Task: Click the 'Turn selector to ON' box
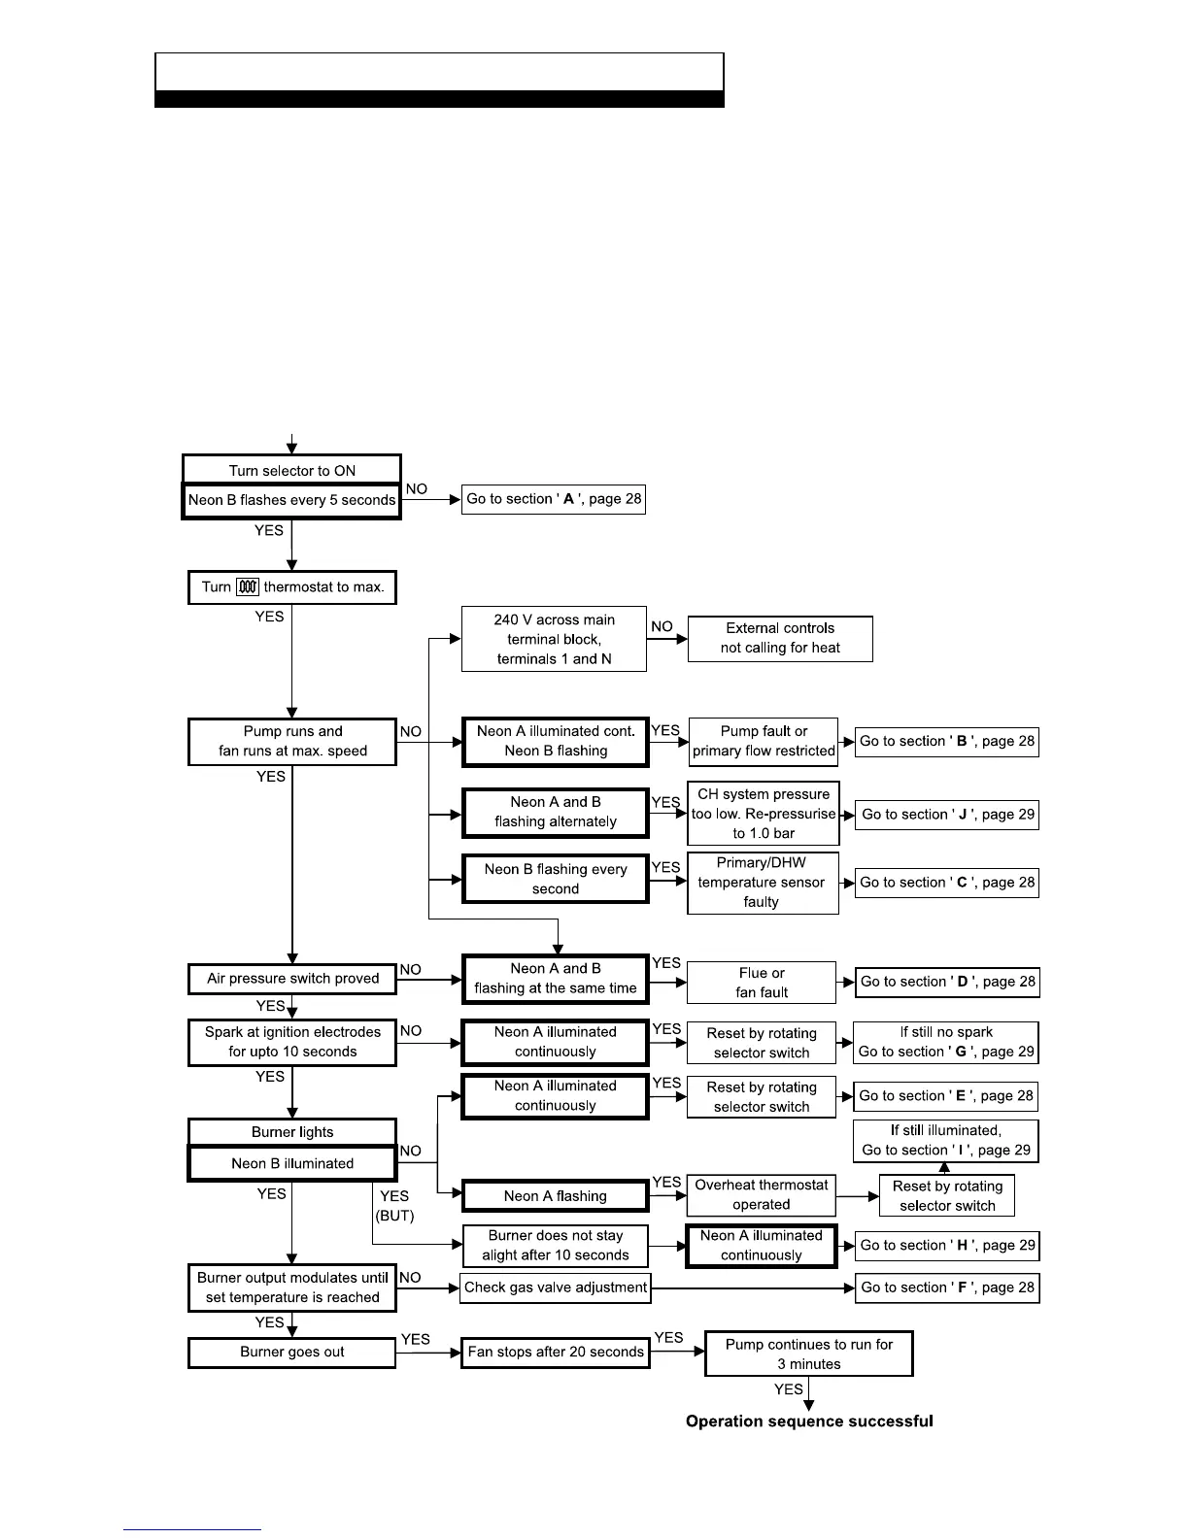click(291, 470)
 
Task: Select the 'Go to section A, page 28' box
click(553, 499)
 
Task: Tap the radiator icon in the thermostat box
click(248, 586)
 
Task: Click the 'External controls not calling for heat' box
click(780, 638)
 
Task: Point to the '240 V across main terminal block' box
click(554, 639)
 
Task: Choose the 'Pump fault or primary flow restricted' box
click(764, 741)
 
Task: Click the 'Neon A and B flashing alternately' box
click(555, 812)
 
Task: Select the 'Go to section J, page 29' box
click(947, 815)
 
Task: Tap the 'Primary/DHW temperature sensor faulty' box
click(762, 882)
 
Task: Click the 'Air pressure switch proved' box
click(292, 979)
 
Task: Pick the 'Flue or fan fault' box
click(761, 983)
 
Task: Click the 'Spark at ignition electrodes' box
click(292, 1042)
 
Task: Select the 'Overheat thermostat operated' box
click(761, 1194)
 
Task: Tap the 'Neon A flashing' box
click(555, 1196)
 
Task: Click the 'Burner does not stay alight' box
click(555, 1245)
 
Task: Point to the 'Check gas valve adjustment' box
click(555, 1287)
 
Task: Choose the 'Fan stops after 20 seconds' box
click(555, 1352)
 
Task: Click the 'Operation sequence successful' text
click(809, 1421)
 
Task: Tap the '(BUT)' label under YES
click(394, 1216)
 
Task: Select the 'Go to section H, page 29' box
click(947, 1245)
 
